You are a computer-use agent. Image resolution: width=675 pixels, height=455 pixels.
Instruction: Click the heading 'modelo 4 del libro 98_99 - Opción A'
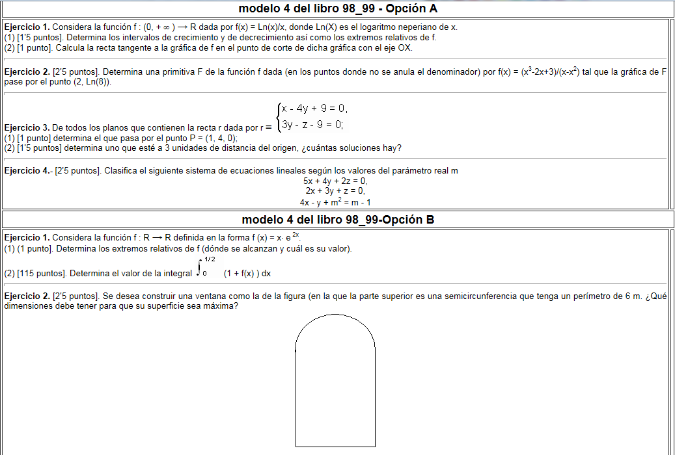click(x=338, y=8)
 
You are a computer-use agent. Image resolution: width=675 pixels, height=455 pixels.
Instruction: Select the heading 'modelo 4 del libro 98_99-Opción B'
click(x=338, y=219)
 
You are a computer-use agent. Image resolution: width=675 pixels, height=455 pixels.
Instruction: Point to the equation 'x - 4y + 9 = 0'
click(x=314, y=109)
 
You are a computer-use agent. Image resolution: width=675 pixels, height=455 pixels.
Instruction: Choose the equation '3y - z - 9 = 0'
click(x=312, y=124)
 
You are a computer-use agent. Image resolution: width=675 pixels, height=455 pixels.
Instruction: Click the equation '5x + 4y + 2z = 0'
click(x=335, y=181)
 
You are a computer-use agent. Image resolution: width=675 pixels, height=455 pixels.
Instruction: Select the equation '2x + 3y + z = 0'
click(x=335, y=191)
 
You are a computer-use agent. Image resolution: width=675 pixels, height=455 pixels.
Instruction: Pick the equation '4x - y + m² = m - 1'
click(x=335, y=201)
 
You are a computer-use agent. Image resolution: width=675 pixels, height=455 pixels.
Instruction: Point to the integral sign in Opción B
click(x=199, y=268)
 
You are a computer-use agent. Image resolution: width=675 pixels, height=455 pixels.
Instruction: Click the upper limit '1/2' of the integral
click(x=210, y=259)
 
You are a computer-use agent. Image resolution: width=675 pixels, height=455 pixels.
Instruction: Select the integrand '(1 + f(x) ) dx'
click(x=247, y=274)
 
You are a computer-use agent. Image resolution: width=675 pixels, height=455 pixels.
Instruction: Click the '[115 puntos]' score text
click(x=34, y=274)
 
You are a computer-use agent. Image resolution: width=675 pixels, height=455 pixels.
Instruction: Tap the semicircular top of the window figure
click(x=335, y=316)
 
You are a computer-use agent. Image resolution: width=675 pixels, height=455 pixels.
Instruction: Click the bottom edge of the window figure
click(x=335, y=447)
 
